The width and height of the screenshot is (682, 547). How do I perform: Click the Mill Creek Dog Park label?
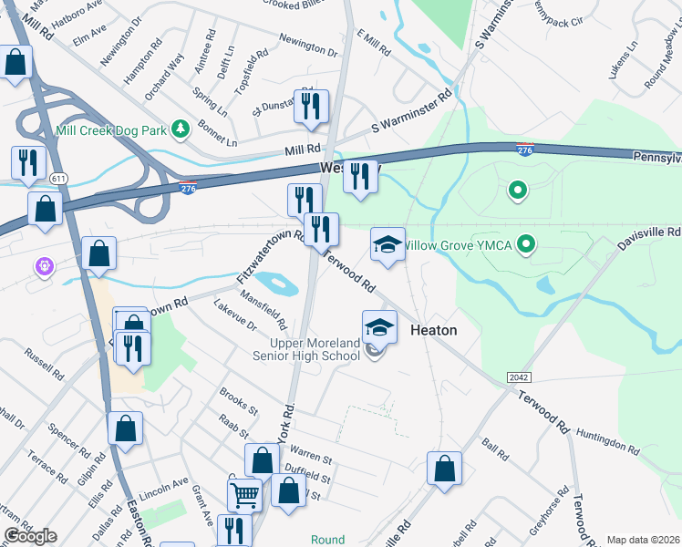point(110,130)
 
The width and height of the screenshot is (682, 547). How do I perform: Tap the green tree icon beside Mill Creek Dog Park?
point(181,129)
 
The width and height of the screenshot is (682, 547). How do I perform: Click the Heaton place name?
point(433,330)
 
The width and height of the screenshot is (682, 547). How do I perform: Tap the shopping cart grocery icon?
point(244,496)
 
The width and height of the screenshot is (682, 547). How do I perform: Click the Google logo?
point(30,536)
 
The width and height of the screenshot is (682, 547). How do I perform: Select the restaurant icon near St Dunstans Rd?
point(311,107)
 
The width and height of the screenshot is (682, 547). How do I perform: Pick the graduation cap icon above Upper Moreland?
point(380,327)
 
